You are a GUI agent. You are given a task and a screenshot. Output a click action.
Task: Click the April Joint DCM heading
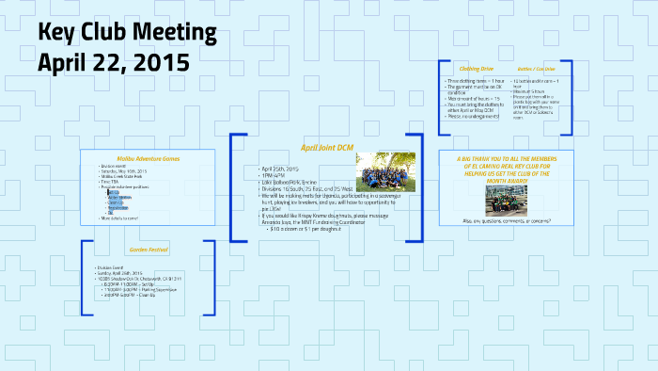click(326, 148)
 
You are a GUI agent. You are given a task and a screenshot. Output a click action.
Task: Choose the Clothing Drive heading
click(477, 69)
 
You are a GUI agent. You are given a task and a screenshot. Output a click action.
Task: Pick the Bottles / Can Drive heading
click(535, 69)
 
